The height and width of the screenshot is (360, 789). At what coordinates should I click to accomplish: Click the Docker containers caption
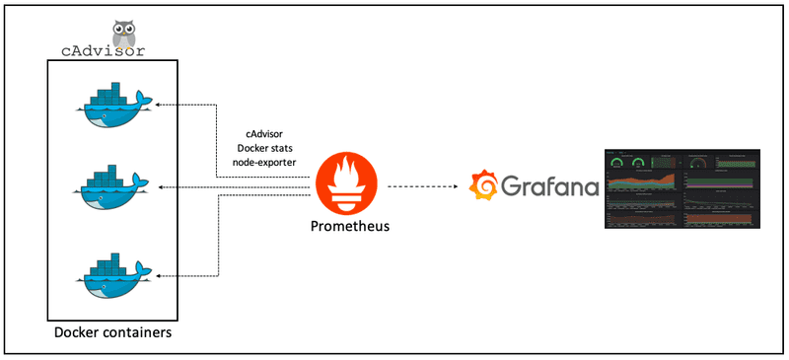coord(112,333)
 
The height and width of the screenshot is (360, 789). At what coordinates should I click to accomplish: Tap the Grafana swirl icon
coord(484,185)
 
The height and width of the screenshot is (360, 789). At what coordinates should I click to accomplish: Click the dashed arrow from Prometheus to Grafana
coord(425,185)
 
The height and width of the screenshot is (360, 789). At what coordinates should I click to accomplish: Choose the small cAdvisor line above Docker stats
coord(268,133)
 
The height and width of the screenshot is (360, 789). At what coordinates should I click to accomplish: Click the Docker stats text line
coord(268,148)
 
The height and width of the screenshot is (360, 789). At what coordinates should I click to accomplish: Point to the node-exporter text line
coord(268,163)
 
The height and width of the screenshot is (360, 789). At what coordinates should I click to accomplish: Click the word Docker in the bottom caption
coord(75,333)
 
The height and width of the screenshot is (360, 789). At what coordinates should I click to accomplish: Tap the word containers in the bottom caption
coord(135,333)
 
